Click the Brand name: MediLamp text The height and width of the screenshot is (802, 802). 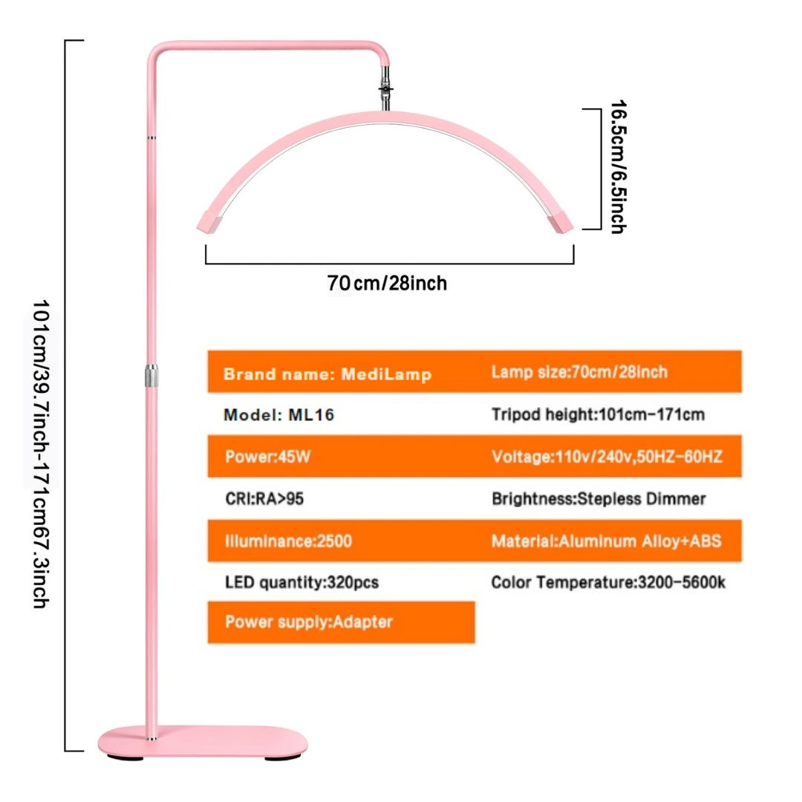pyautogui.click(x=327, y=374)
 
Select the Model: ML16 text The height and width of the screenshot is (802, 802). pyautogui.click(x=278, y=414)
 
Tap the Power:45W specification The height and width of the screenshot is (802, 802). pyautogui.click(x=267, y=456)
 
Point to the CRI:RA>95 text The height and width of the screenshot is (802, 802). pyautogui.click(x=264, y=499)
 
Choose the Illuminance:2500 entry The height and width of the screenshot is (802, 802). pyautogui.click(x=288, y=541)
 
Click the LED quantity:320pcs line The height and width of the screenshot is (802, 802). pyautogui.click(x=301, y=583)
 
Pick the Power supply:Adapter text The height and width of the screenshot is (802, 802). pyautogui.click(x=309, y=622)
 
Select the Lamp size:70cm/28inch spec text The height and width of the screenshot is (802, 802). pyautogui.click(x=579, y=372)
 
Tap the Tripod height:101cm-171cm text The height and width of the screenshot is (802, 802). pyautogui.click(x=598, y=414)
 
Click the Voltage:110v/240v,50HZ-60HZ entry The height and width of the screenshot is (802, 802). pyautogui.click(x=607, y=456)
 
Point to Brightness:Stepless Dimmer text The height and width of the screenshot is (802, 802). pyautogui.click(x=599, y=499)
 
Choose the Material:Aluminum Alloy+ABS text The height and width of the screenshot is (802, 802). pyautogui.click(x=606, y=541)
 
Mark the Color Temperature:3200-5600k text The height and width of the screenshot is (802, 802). pyautogui.click(x=608, y=583)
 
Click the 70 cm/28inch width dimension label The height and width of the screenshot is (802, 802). pyautogui.click(x=387, y=283)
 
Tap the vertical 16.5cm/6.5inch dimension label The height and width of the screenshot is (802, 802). pyautogui.click(x=619, y=167)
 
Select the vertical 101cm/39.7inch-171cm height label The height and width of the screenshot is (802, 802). pyautogui.click(x=41, y=454)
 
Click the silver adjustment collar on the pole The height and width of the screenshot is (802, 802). pyautogui.click(x=151, y=376)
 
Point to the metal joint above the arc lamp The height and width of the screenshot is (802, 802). pyautogui.click(x=385, y=89)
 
